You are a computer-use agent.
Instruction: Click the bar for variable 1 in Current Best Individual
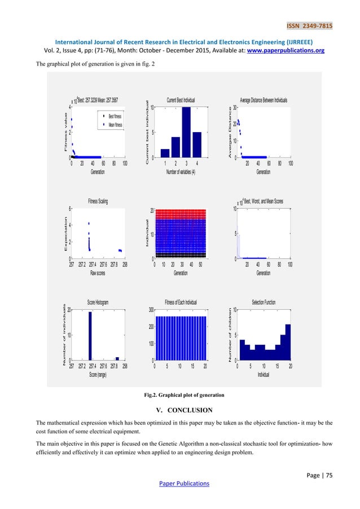click(x=165, y=153)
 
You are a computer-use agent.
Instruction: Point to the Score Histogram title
click(x=98, y=302)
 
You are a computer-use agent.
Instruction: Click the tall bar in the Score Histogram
click(x=90, y=335)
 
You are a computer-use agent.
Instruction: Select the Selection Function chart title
click(x=264, y=302)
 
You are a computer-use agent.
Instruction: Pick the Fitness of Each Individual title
click(x=181, y=302)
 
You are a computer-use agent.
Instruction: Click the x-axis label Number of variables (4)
click(x=181, y=172)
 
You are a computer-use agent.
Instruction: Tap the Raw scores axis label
click(x=98, y=273)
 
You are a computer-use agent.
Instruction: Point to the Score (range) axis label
click(x=98, y=375)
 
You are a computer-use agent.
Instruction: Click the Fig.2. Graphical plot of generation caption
click(x=185, y=394)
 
